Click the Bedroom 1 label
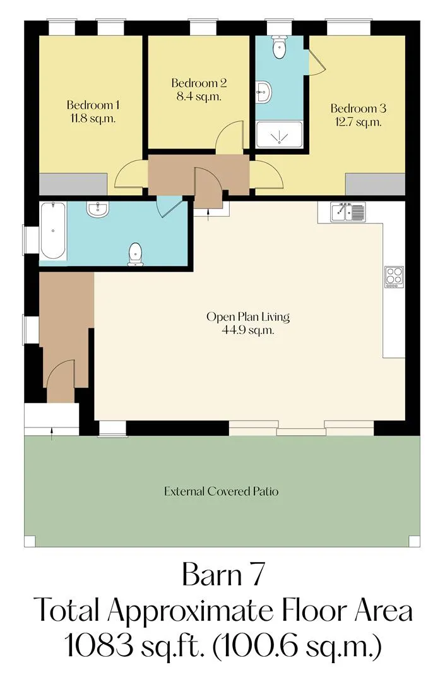pos(93,105)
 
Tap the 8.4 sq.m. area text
pos(199,96)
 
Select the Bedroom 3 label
pos(359,109)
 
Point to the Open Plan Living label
pos(248,316)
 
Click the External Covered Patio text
pos(221,491)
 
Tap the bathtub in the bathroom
pos(53,230)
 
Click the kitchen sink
pos(348,212)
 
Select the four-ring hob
pos(394,277)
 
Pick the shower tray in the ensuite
pos(279,135)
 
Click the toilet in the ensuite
pos(278,46)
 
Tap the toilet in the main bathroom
pos(136,254)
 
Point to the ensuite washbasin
pos(263,92)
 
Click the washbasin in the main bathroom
pos(97,209)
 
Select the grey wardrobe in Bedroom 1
pos(73,184)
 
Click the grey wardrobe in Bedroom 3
pos(376,184)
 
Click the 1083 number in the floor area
pos(99,645)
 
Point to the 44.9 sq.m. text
pos(248,330)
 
